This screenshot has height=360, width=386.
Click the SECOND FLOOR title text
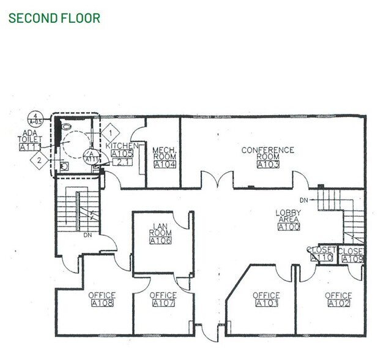(54, 17)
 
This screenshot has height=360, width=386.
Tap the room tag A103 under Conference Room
(268, 164)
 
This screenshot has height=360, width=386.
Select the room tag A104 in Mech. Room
(165, 164)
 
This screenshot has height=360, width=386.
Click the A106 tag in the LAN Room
(160, 240)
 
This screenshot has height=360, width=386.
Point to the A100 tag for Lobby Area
(288, 227)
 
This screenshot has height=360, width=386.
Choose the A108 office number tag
(102, 302)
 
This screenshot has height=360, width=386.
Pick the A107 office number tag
(163, 302)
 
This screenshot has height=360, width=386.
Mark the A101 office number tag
(266, 302)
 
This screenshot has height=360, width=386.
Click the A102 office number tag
(338, 302)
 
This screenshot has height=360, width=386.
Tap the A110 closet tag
(321, 258)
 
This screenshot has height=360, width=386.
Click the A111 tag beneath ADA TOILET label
(30, 147)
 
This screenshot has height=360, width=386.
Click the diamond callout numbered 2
(38, 160)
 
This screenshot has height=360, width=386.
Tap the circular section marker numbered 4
(37, 116)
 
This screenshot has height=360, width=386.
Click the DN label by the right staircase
(304, 200)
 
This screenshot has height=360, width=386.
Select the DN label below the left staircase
(87, 234)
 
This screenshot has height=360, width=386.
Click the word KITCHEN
(122, 146)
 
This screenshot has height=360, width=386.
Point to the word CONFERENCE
(267, 150)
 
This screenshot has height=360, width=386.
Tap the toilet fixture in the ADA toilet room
(64, 165)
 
